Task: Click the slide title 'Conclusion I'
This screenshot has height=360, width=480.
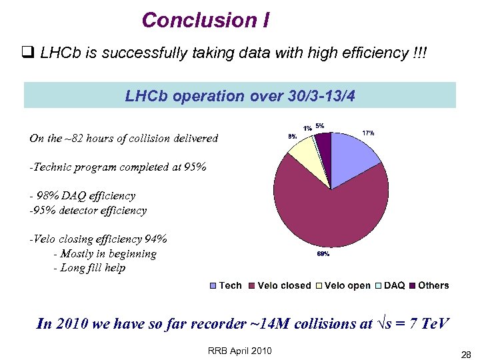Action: point(205,20)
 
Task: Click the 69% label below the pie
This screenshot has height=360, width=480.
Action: point(323,254)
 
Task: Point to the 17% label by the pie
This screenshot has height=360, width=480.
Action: point(368,133)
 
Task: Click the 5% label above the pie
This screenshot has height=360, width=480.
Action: point(320,125)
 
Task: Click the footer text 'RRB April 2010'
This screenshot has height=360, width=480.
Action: point(240,351)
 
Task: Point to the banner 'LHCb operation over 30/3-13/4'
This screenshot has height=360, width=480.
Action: point(240,96)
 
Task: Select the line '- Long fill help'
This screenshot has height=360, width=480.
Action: point(93,268)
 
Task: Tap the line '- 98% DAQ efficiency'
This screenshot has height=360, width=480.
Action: point(82,196)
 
